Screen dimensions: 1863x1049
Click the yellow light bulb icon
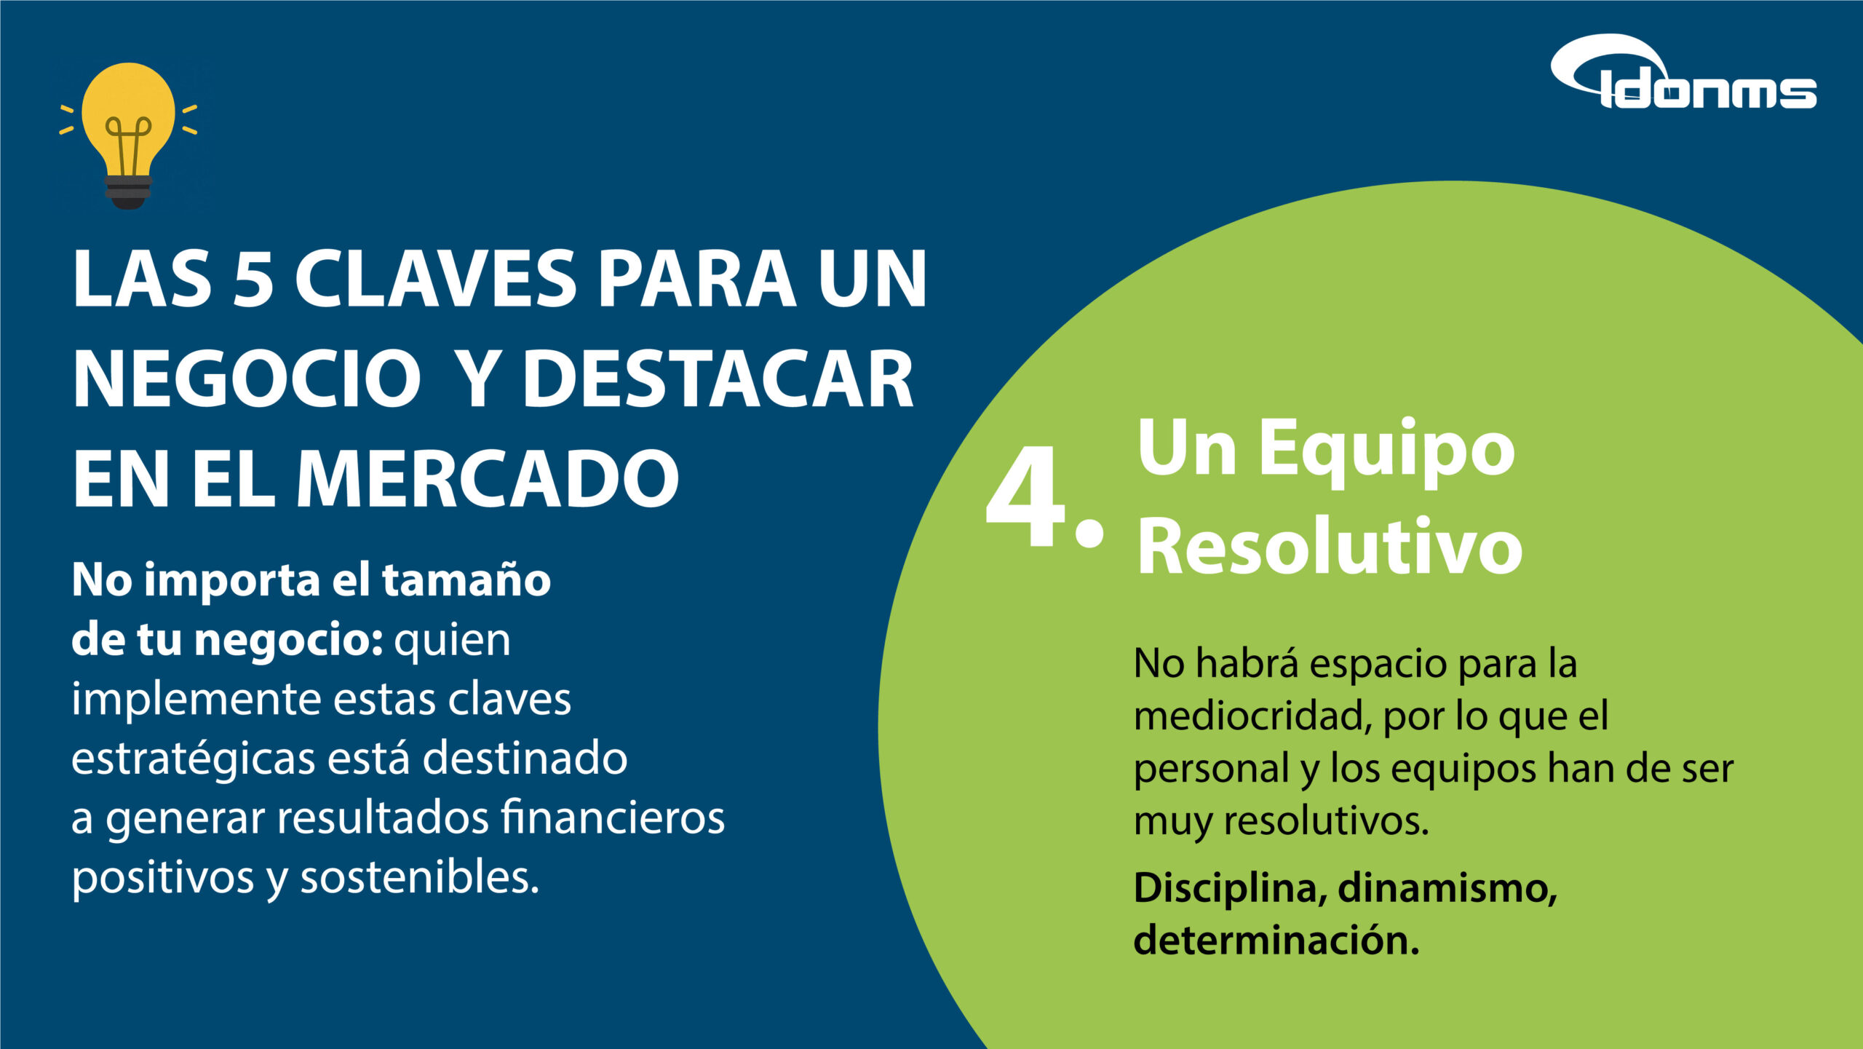coord(128,135)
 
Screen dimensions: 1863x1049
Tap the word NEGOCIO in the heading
coord(247,379)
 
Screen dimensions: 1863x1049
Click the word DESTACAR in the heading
coord(718,379)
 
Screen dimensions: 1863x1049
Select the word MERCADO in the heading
coord(488,478)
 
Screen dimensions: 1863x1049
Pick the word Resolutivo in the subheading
coord(1330,546)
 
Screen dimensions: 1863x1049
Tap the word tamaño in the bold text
coord(466,580)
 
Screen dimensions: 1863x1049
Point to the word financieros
coord(613,818)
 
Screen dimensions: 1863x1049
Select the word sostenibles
coord(420,877)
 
